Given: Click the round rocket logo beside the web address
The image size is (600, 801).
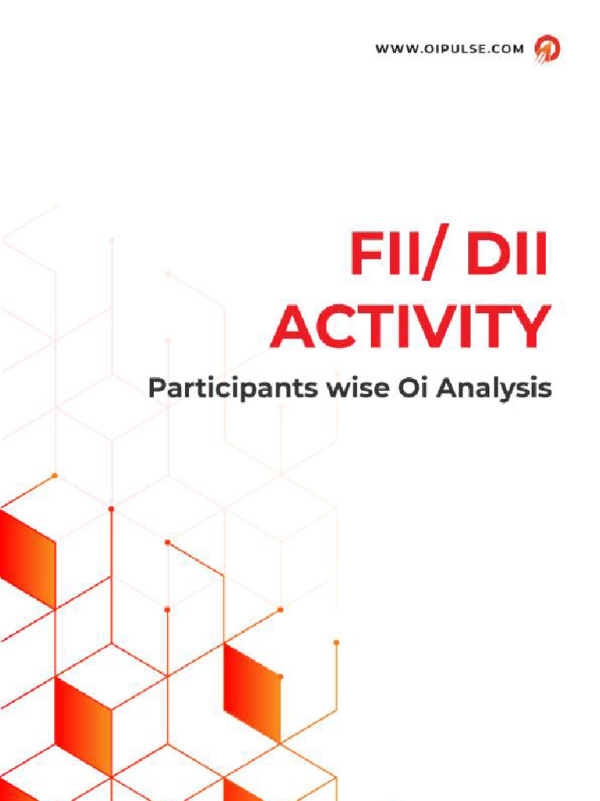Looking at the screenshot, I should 547,49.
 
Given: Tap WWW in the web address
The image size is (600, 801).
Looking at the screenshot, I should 393,49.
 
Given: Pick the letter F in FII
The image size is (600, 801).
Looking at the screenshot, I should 366,254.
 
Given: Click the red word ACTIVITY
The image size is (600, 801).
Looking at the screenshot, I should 410,327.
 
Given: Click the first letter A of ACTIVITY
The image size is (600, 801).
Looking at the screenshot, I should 294,327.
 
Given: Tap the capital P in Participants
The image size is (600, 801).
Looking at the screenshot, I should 157,387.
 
